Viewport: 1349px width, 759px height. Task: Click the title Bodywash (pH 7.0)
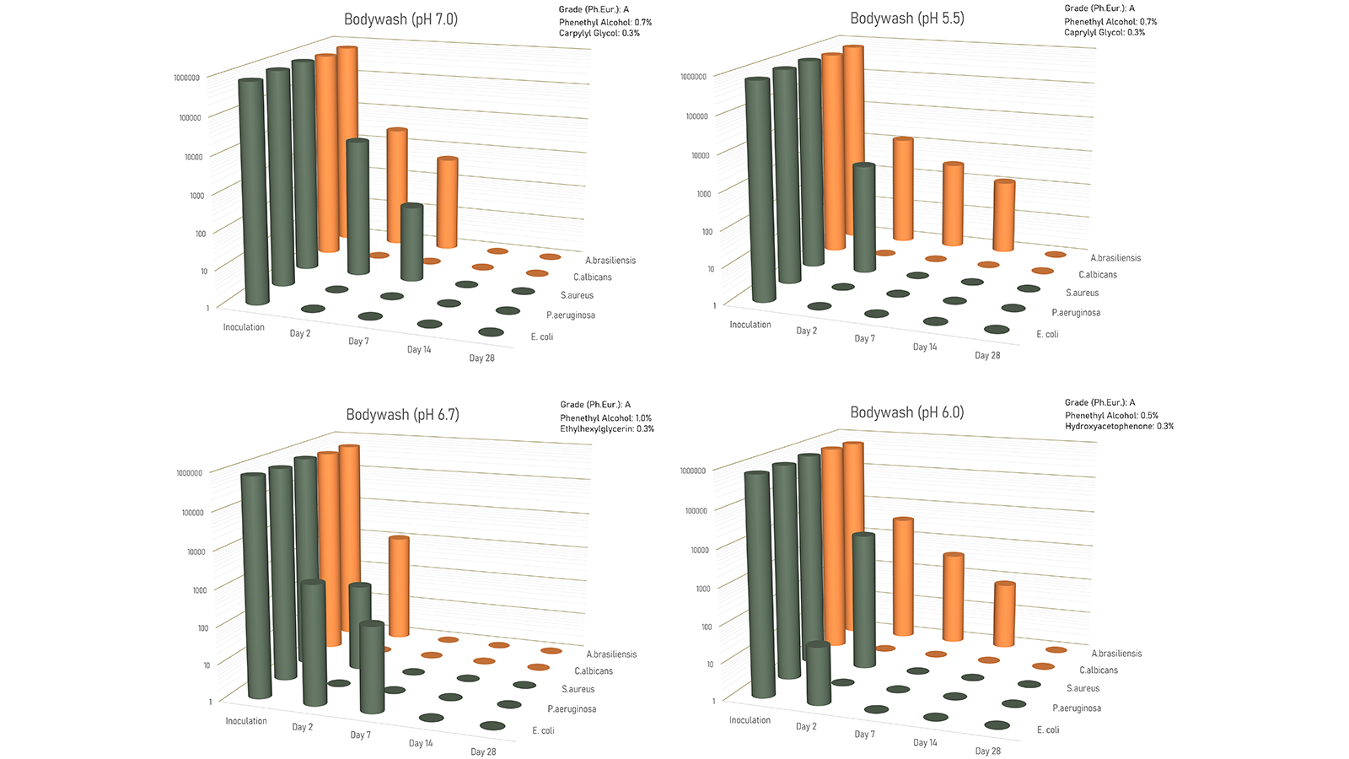[400, 19]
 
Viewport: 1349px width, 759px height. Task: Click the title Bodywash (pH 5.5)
[907, 18]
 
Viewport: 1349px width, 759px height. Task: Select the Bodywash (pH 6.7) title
[402, 414]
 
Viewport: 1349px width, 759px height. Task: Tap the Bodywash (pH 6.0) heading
[907, 412]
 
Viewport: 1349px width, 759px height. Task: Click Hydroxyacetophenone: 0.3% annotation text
[1119, 426]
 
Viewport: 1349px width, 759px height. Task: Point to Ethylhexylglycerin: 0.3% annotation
[607, 429]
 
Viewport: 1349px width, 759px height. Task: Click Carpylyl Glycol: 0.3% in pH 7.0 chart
[599, 33]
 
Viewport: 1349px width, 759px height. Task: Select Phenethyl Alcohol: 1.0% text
[606, 418]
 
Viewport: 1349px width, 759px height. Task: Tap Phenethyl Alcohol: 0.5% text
[1111, 416]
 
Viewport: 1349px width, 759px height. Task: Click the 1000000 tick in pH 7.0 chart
[186, 78]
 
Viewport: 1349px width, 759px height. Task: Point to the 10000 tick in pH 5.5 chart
[701, 155]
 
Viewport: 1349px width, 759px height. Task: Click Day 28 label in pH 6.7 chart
[483, 751]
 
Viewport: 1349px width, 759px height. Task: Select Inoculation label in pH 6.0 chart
[750, 720]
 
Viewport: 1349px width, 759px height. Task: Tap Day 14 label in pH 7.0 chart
[419, 349]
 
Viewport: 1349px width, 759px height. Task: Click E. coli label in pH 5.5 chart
[1047, 334]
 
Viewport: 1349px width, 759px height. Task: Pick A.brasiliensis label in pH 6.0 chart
[1116, 653]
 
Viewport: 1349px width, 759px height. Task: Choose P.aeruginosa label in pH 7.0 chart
[571, 315]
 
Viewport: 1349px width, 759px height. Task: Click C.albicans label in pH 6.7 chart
[594, 671]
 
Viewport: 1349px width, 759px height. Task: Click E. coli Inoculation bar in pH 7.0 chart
[253, 191]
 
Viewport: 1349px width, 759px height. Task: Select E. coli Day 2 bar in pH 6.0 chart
[818, 674]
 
